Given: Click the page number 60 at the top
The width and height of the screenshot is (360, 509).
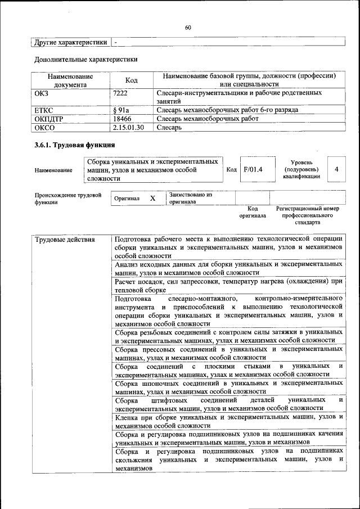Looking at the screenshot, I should pyautogui.click(x=188, y=28).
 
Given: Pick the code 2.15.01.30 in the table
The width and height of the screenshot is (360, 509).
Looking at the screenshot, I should pyautogui.click(x=129, y=128).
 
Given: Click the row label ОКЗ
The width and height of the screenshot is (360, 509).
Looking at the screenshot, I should pyautogui.click(x=43, y=92).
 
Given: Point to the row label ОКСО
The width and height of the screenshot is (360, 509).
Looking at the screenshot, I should pyautogui.click(x=44, y=128).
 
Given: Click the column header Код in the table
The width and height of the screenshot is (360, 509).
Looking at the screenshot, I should pyautogui.click(x=131, y=80).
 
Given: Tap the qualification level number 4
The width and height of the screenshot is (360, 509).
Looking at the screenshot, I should pyautogui.click(x=336, y=169).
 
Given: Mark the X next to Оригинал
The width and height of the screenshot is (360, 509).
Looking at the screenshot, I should pyautogui.click(x=152, y=199).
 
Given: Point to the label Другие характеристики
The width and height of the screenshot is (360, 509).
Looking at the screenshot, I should pyautogui.click(x=70, y=42).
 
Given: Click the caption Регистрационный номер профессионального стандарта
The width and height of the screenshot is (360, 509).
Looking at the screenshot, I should pyautogui.click(x=307, y=215).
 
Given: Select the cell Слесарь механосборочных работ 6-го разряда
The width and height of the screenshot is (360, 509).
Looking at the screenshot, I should pyautogui.click(x=227, y=110).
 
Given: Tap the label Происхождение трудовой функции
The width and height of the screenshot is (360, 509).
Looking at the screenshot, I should pyautogui.click(x=67, y=199).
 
